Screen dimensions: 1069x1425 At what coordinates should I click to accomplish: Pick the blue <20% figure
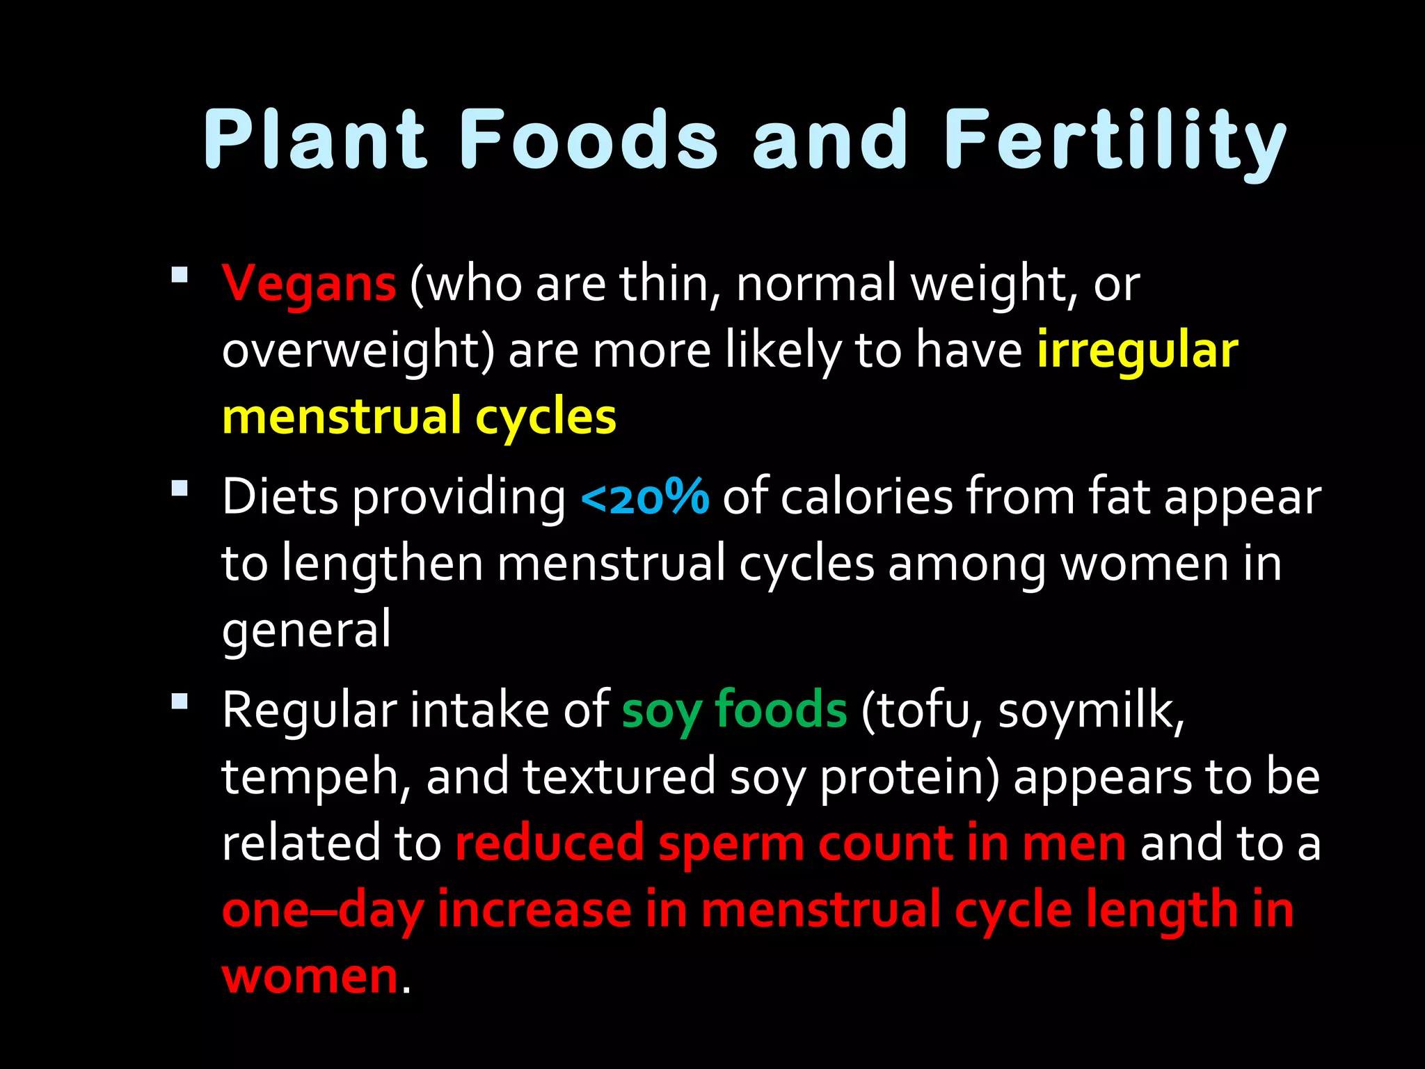coord(644,498)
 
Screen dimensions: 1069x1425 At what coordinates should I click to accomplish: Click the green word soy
coord(661,711)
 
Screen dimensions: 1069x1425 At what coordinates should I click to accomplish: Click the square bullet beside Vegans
coord(180,275)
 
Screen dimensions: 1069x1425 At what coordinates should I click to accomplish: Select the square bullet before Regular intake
coord(180,701)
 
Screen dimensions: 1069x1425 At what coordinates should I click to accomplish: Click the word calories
coord(866,498)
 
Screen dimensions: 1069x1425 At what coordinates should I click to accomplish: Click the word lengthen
coord(383,564)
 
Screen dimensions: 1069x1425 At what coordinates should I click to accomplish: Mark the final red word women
coord(310,976)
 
